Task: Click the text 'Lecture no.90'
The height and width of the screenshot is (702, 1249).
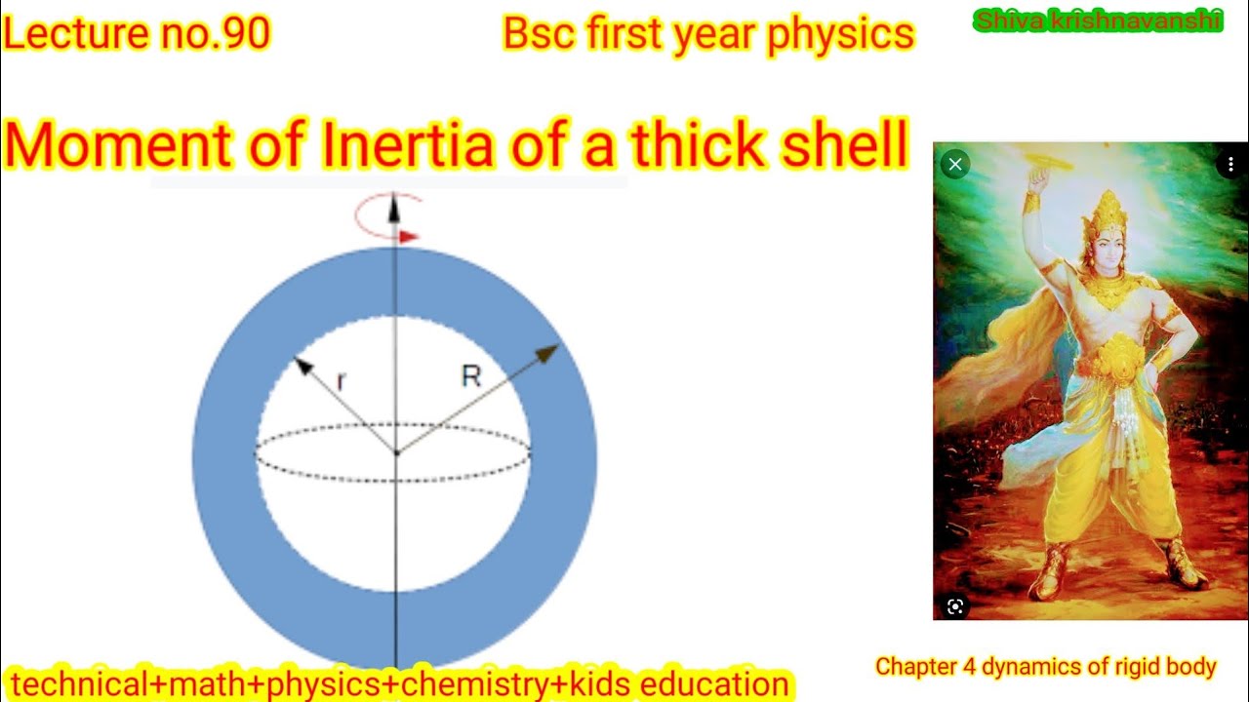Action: click(x=137, y=34)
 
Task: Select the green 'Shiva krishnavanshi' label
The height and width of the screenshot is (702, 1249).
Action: click(x=1098, y=20)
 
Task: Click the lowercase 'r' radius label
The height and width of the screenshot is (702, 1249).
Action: click(x=341, y=381)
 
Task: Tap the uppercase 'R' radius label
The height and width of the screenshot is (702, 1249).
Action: click(x=471, y=376)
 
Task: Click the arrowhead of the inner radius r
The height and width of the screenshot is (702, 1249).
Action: click(x=302, y=367)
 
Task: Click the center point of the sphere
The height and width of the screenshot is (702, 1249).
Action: click(x=395, y=452)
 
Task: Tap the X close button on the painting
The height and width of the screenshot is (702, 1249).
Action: click(x=955, y=165)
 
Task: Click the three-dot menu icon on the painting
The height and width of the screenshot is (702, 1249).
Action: click(x=1230, y=165)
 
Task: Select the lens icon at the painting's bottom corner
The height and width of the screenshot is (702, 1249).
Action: click(x=955, y=606)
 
